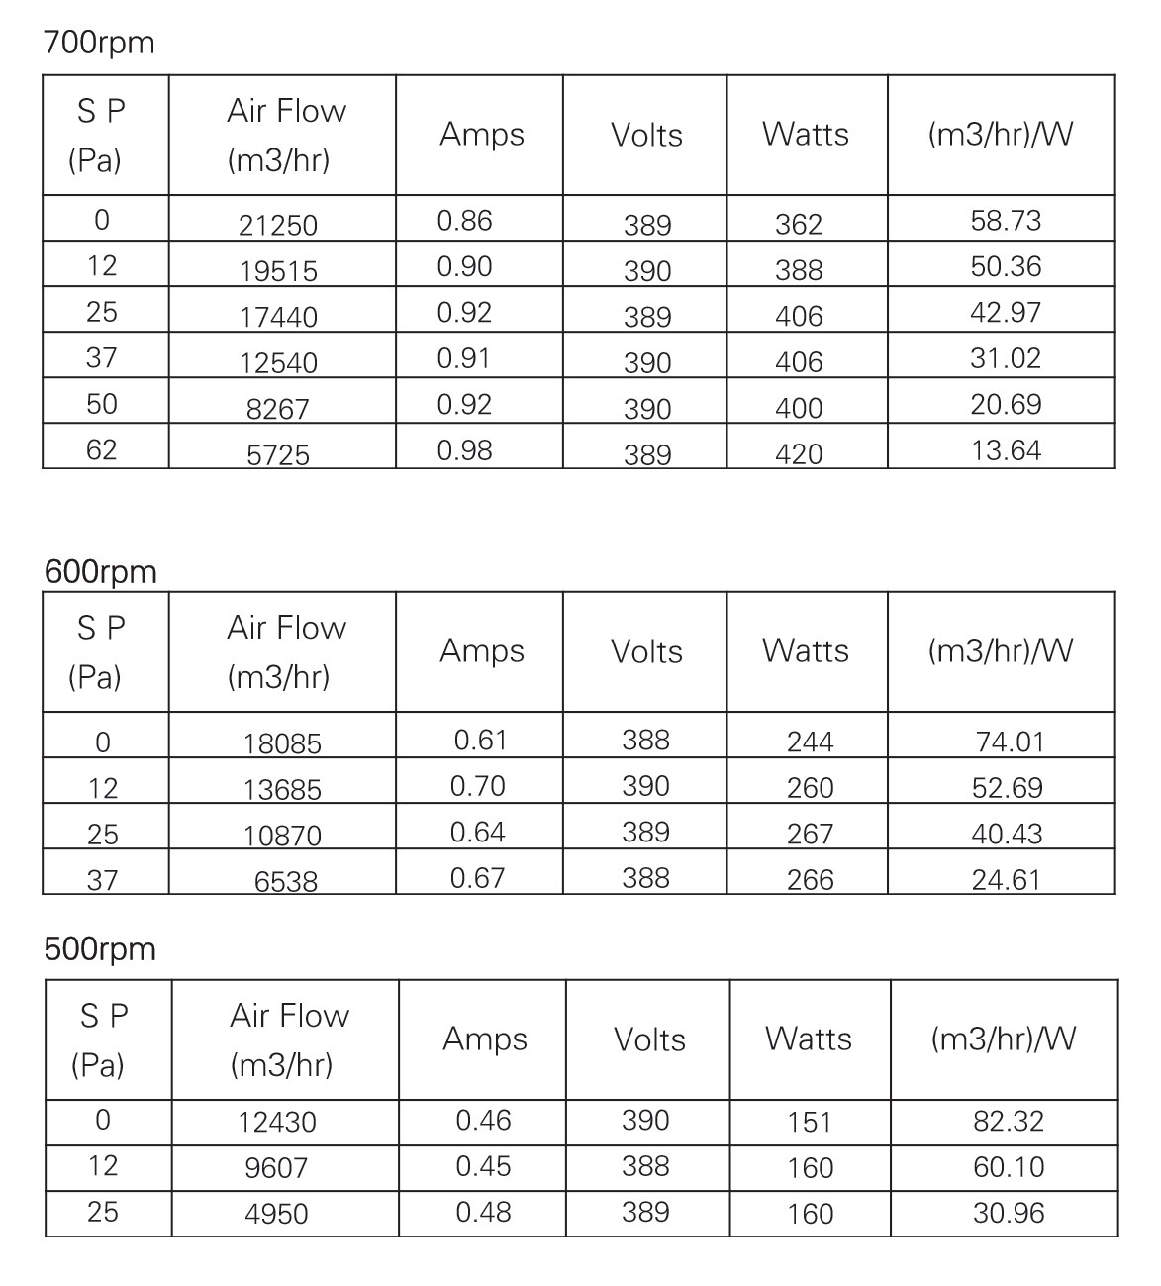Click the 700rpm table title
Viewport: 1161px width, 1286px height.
[x=99, y=44]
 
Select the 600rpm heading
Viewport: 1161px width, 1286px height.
[x=100, y=572]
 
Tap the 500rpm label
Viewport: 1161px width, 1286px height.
[x=100, y=949]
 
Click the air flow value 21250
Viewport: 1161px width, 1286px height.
[x=278, y=226]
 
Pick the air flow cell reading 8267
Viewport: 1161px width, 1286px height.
[x=278, y=409]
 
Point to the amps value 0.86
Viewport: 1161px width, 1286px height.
[x=464, y=221]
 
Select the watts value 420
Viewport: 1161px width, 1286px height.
[x=799, y=454]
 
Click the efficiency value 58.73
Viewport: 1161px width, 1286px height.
[x=1006, y=221]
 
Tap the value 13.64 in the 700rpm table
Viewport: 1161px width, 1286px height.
[x=1006, y=450]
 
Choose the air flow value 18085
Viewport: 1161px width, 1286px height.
[x=283, y=743]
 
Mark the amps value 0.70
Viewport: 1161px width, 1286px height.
[x=477, y=786]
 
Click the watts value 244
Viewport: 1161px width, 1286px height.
[x=810, y=742]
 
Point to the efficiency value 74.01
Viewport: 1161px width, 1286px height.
[x=1010, y=742]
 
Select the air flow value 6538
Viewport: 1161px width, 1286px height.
[x=286, y=881]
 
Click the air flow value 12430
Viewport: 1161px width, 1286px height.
[x=277, y=1123]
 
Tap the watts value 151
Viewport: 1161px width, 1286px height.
[x=810, y=1123]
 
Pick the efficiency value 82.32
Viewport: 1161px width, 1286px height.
[x=1009, y=1121]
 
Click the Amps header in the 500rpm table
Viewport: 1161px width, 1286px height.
[x=485, y=1039]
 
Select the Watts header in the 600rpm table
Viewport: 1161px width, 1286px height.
[x=806, y=651]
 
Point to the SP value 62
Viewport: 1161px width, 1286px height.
[x=101, y=450]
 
